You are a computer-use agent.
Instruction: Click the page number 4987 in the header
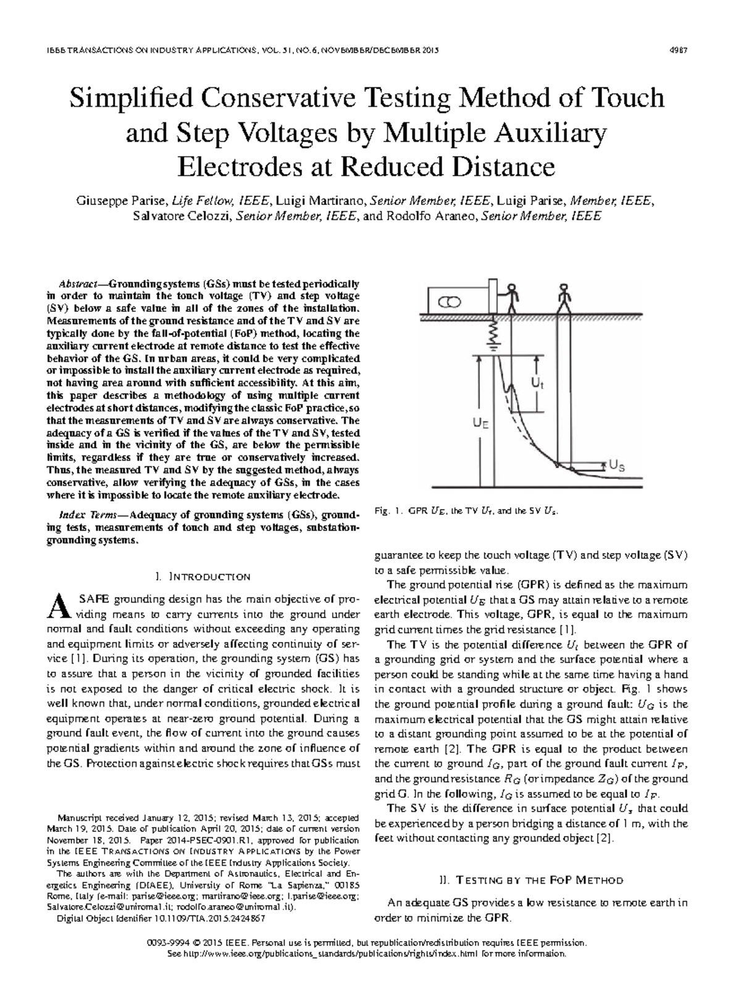pyautogui.click(x=679, y=50)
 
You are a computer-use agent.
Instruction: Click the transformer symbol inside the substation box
pyautogui.click(x=450, y=302)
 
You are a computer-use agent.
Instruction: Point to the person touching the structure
pyautogui.click(x=511, y=297)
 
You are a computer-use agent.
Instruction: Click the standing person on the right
pyautogui.click(x=563, y=297)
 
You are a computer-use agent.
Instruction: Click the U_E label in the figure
pyautogui.click(x=482, y=424)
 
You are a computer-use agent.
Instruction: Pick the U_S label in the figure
pyautogui.click(x=617, y=466)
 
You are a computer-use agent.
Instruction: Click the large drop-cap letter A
pyautogui.click(x=56, y=606)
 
